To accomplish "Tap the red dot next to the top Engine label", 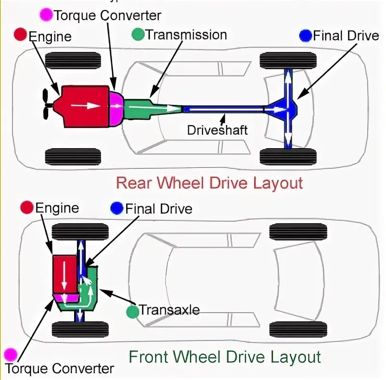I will (x=21, y=35).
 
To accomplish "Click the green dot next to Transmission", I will (x=138, y=35).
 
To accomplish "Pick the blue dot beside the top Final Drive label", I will (x=305, y=35).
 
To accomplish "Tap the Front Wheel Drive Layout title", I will (x=224, y=357).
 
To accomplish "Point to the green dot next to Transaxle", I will (x=132, y=311).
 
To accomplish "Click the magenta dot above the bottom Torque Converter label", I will (x=10, y=355).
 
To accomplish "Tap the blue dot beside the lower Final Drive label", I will (x=116, y=208).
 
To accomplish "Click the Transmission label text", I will (x=186, y=35).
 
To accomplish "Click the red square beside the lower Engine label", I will (x=27, y=208).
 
